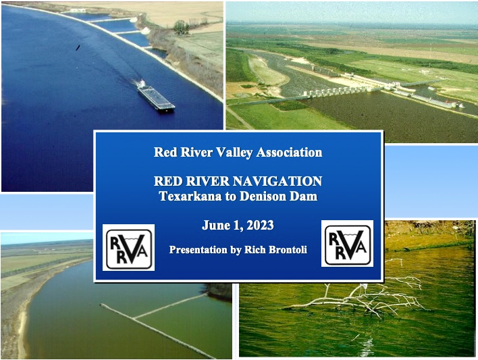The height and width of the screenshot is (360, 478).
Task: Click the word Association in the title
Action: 286,152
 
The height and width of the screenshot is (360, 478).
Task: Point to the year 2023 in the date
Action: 259,225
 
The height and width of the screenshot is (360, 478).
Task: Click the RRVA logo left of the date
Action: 128,247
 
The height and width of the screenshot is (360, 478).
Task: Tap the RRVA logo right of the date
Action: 347,243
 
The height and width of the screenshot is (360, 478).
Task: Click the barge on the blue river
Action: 155,96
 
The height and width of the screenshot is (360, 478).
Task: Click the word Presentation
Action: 198,250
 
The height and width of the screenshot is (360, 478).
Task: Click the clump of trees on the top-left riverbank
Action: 181,27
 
